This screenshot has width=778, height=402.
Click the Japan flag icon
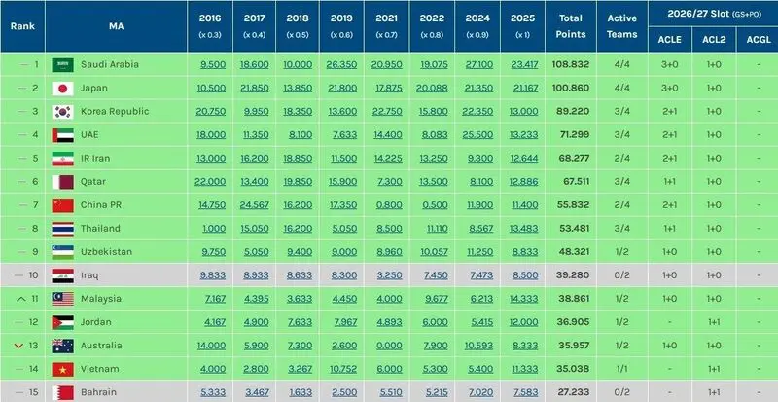click(x=62, y=89)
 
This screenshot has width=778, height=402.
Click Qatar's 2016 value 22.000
click(x=210, y=182)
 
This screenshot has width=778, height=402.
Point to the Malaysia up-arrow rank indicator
click(x=20, y=299)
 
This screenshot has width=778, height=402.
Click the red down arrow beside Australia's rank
click(x=19, y=346)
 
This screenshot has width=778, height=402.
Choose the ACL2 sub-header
click(x=714, y=39)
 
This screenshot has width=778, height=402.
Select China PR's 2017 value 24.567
click(x=254, y=205)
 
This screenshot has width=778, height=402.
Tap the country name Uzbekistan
click(x=106, y=252)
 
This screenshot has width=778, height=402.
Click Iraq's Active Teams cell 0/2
click(x=621, y=275)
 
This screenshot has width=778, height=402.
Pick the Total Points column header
click(x=571, y=26)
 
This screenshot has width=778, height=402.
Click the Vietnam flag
click(x=62, y=369)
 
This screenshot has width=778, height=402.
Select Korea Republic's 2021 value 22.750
click(x=387, y=112)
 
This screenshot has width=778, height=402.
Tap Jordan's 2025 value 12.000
click(x=523, y=322)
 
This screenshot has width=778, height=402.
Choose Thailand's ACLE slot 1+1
click(x=669, y=229)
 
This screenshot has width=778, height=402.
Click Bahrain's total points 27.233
click(x=573, y=392)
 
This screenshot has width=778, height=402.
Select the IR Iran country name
click(x=95, y=159)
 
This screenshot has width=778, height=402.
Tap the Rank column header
click(x=22, y=26)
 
